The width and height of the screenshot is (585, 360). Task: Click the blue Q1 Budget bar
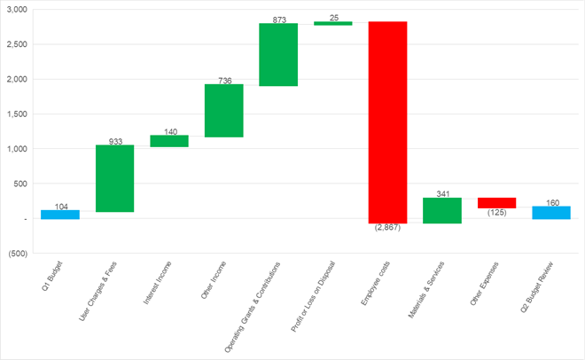60,214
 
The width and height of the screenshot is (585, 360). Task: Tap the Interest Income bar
169,141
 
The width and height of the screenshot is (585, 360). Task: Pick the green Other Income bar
224,111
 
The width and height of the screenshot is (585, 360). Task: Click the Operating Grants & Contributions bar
278,54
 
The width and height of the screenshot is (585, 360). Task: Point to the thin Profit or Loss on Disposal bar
333,23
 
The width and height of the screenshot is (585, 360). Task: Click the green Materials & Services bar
442,210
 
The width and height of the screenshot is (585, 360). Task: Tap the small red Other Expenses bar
497,203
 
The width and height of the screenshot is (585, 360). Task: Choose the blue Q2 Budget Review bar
551,212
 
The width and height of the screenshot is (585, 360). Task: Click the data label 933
115,140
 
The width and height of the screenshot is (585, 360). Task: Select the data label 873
279,19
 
